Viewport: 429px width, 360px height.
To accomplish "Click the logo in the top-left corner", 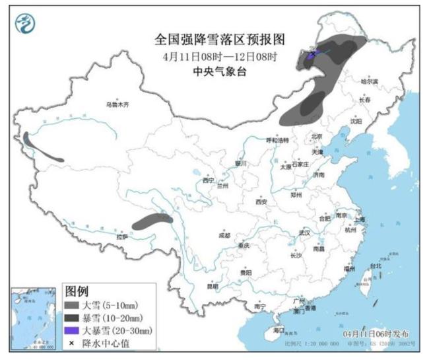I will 24,25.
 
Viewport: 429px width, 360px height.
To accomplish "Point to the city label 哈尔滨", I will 370,82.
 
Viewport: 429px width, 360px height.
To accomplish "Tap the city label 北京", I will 317,137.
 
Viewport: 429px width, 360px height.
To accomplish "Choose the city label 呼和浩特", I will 277,141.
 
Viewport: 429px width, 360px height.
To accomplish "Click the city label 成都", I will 224,235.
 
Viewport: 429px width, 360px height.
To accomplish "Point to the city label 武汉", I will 304,233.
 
